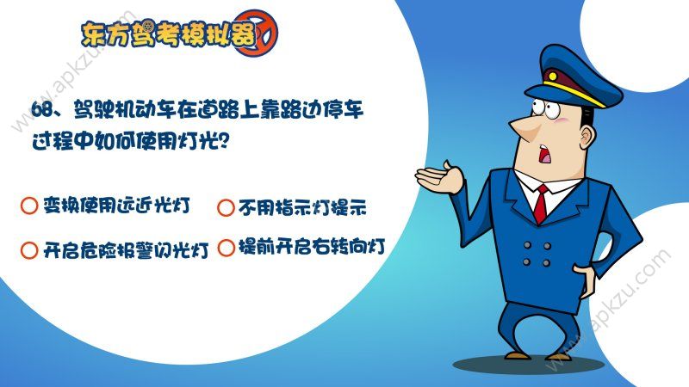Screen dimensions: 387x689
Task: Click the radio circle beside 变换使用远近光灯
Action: [x=28, y=206]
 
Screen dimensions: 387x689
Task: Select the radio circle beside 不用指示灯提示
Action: [x=226, y=207]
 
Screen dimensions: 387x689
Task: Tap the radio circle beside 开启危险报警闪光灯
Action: [x=28, y=250]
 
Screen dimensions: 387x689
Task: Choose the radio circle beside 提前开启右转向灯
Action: [x=226, y=249]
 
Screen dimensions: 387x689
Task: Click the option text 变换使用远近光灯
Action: [x=115, y=206]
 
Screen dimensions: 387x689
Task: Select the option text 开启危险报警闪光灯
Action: [x=126, y=250]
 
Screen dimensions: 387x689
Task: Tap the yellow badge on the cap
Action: [x=552, y=86]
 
